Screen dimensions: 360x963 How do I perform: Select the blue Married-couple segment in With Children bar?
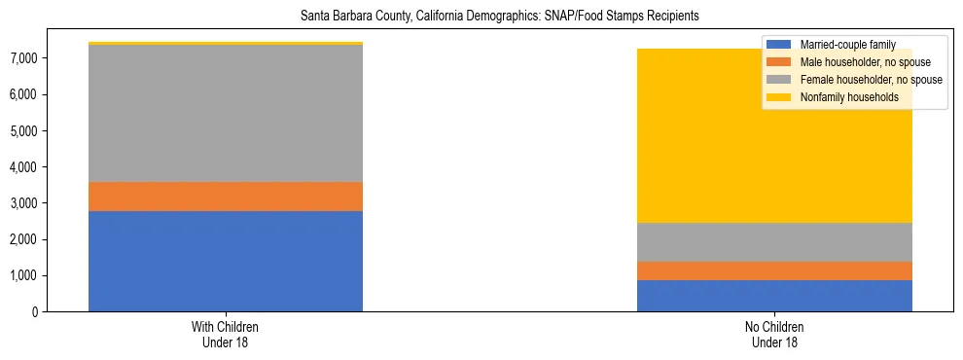pos(226,261)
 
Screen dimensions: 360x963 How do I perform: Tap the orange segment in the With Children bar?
pos(226,197)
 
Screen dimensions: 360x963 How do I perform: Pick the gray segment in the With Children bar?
pos(226,113)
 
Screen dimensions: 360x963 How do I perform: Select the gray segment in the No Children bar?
pos(774,242)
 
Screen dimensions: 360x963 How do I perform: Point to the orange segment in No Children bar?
pos(774,270)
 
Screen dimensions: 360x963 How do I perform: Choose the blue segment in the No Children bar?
pos(774,296)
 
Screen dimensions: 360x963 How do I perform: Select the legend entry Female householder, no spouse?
pos(867,80)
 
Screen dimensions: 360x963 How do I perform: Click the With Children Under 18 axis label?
pos(226,334)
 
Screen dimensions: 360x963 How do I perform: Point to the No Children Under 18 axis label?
pos(774,334)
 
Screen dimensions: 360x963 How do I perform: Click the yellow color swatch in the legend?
pos(780,97)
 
